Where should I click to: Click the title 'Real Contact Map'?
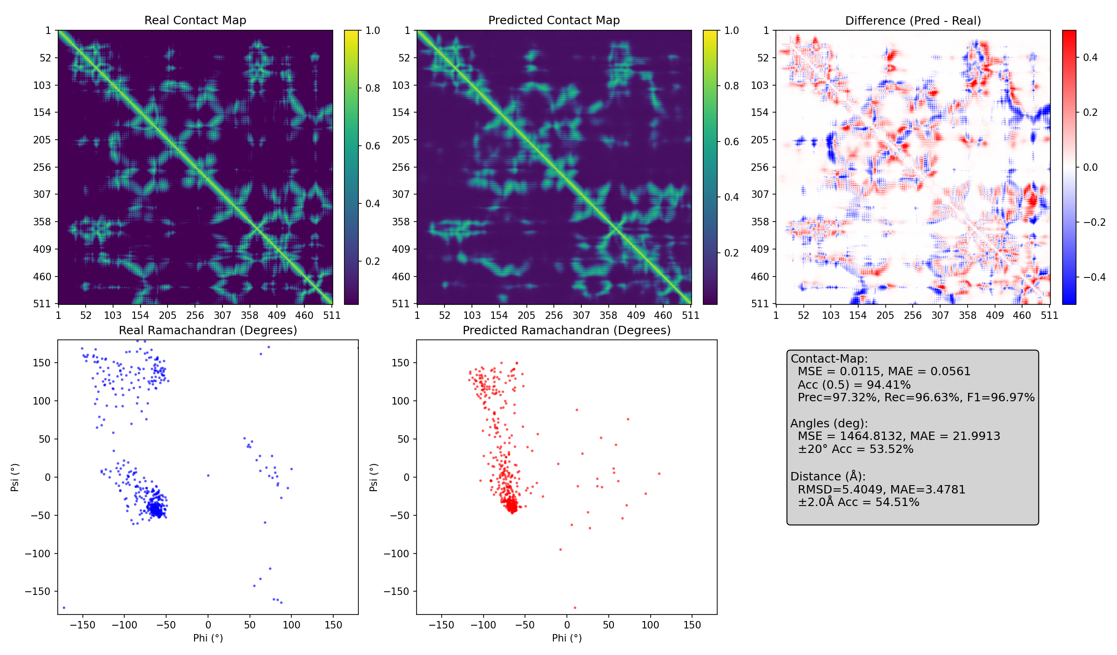point(195,20)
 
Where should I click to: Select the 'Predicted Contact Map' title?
point(554,20)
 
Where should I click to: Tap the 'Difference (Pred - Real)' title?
point(913,21)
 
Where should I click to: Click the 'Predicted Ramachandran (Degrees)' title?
point(566,331)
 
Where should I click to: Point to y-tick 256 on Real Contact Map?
point(42,167)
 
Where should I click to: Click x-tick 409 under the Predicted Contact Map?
point(636,316)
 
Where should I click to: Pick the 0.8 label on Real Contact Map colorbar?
point(372,88)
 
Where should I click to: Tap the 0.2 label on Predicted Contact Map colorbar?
point(731,253)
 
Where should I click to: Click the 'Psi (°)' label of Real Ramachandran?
point(15,477)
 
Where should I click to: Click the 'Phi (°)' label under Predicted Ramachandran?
point(566,638)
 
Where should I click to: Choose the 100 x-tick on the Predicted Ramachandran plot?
point(650,625)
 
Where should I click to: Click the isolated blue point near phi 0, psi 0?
point(208,475)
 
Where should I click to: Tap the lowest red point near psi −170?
point(575,608)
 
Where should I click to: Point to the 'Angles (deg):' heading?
point(828,424)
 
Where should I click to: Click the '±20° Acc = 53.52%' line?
point(855,449)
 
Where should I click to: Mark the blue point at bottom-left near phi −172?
point(64,608)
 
